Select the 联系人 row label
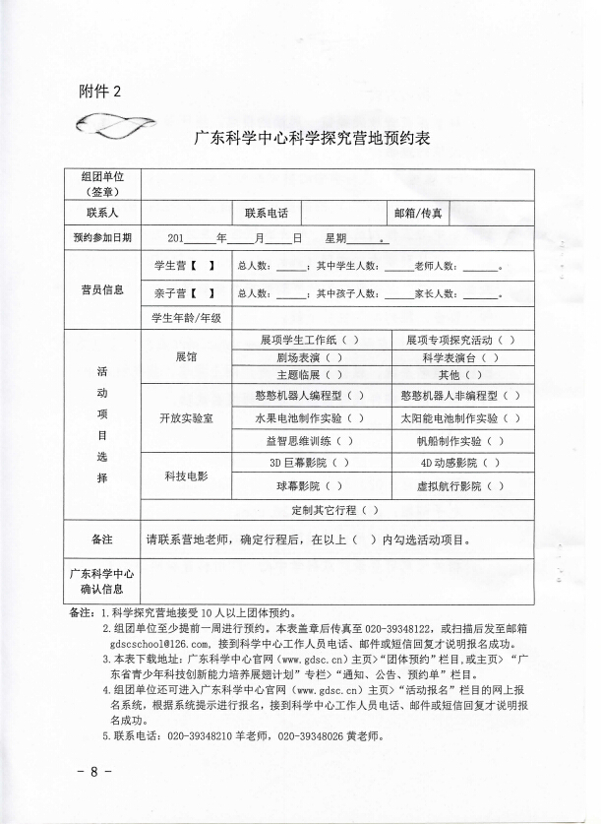tap(102, 213)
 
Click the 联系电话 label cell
tap(267, 213)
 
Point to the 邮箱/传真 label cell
tap(417, 213)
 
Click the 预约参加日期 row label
tap(102, 238)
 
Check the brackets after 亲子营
tap(204, 293)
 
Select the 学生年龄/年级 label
tap(187, 318)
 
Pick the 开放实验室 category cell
tap(187, 418)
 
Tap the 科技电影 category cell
tap(186, 475)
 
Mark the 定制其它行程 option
tap(335, 510)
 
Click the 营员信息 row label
tap(102, 290)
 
